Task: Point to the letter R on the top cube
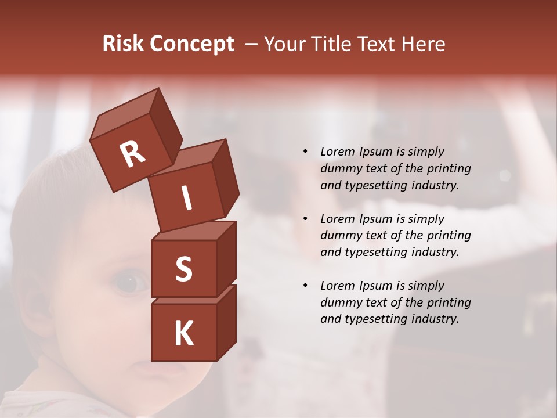click(x=133, y=154)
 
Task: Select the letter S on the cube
click(x=183, y=269)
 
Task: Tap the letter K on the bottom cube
click(x=183, y=334)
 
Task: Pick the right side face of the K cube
click(x=226, y=322)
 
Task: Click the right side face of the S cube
click(x=226, y=258)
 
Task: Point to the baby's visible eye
click(x=131, y=283)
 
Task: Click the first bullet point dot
click(x=305, y=152)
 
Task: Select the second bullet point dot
click(x=305, y=219)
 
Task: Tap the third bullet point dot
click(x=305, y=286)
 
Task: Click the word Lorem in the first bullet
click(x=337, y=152)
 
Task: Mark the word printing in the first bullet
click(x=449, y=168)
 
